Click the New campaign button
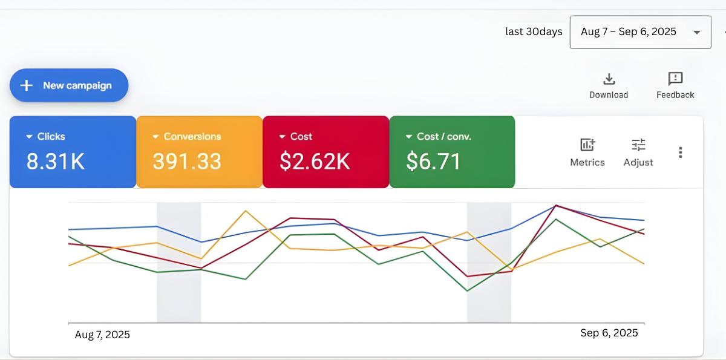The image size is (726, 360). point(69,85)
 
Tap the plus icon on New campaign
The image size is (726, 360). point(27,85)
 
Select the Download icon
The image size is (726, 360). point(609,79)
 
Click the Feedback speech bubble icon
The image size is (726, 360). point(675,79)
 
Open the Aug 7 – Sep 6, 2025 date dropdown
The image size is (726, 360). point(640,32)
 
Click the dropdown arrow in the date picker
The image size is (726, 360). point(697,33)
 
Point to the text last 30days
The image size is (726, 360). point(534,31)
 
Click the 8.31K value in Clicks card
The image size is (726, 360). point(55,161)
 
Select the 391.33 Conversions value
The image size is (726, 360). point(187,161)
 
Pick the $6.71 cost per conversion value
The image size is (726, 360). point(433,161)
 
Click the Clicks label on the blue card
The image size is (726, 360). point(51,137)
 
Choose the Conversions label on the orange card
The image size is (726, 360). point(192,137)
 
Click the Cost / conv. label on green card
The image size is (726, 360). point(443,137)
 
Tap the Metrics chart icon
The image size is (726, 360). point(587,145)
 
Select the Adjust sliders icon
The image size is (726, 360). point(638,145)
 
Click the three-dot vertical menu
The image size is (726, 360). point(681,152)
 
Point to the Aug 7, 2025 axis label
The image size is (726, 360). point(102,335)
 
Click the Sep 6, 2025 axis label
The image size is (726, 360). point(609,333)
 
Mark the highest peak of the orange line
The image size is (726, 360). point(246,211)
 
